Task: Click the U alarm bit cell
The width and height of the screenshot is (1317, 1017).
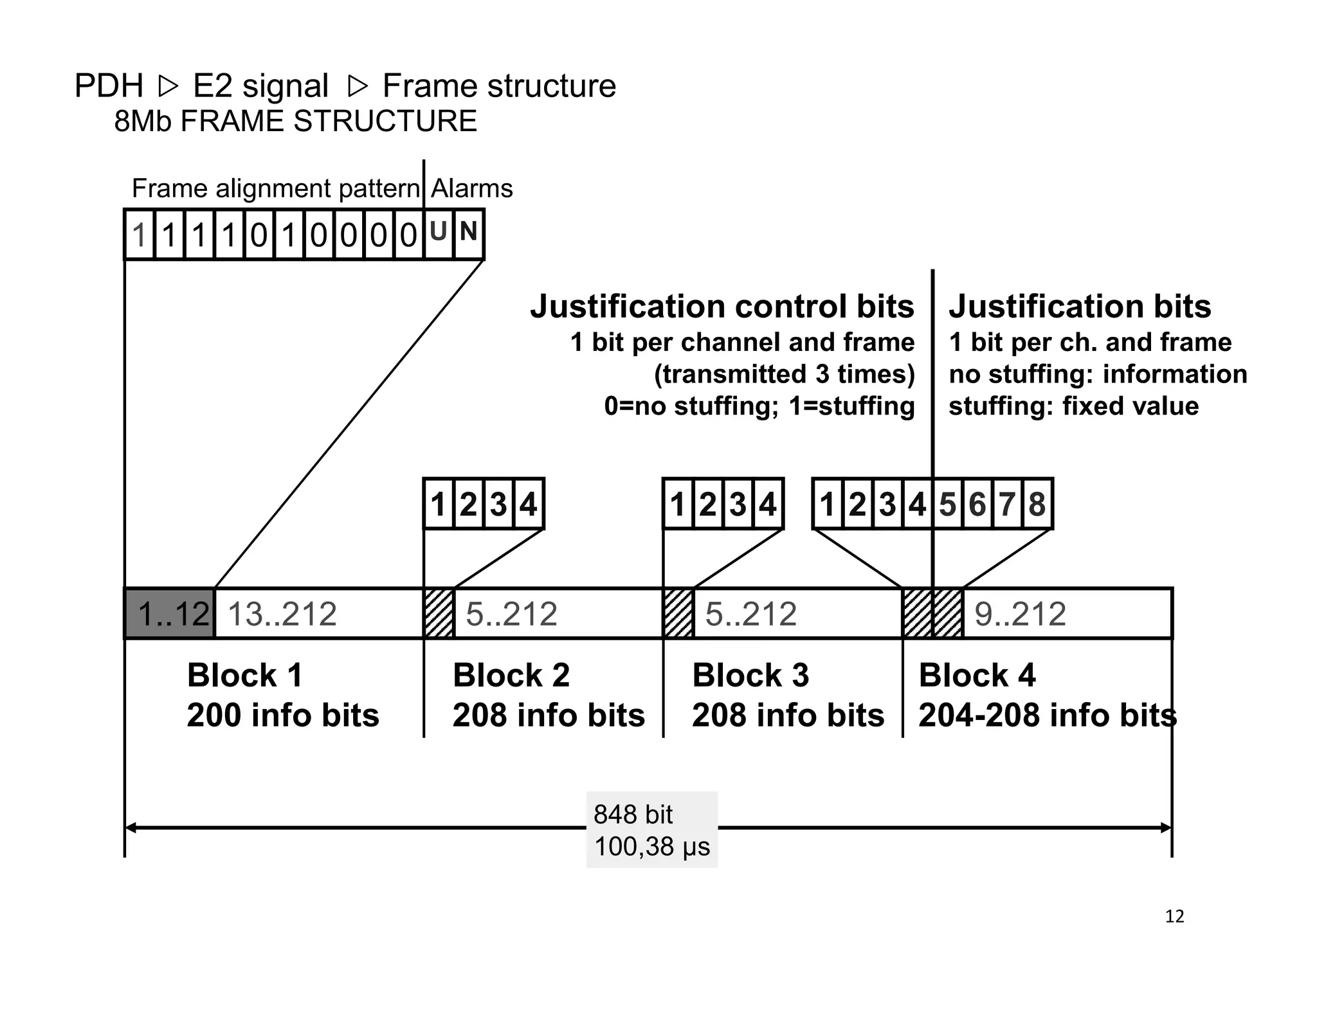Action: tap(439, 233)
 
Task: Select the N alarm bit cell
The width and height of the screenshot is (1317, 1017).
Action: tap(468, 233)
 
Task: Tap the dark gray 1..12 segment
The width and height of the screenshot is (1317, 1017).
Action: tap(170, 613)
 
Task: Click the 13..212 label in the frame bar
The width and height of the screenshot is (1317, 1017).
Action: tap(282, 614)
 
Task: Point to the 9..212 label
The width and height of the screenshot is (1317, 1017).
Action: tap(1020, 614)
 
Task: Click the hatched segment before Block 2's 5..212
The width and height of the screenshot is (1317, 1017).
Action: tap(439, 613)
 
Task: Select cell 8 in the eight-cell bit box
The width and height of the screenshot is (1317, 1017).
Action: tap(1037, 504)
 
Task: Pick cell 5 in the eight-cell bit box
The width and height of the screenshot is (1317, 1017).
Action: tap(947, 504)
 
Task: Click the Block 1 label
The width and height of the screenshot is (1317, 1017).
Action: tap(244, 675)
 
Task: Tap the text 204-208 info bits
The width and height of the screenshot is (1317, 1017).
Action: tap(1047, 715)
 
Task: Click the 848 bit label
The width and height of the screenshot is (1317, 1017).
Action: tap(633, 815)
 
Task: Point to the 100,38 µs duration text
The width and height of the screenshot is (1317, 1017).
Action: tap(651, 847)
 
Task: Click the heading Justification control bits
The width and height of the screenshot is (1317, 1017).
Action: tap(722, 306)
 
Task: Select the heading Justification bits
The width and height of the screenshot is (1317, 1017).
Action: tap(1080, 306)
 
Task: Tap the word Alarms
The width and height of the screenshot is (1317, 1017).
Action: tap(471, 188)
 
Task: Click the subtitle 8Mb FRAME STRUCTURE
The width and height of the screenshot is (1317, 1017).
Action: tap(295, 121)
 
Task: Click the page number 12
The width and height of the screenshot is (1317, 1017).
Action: tap(1174, 916)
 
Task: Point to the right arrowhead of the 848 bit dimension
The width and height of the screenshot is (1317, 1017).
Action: tap(1167, 828)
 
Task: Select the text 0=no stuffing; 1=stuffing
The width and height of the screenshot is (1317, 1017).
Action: tap(759, 406)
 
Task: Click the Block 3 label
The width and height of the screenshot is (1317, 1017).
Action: tap(750, 675)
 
